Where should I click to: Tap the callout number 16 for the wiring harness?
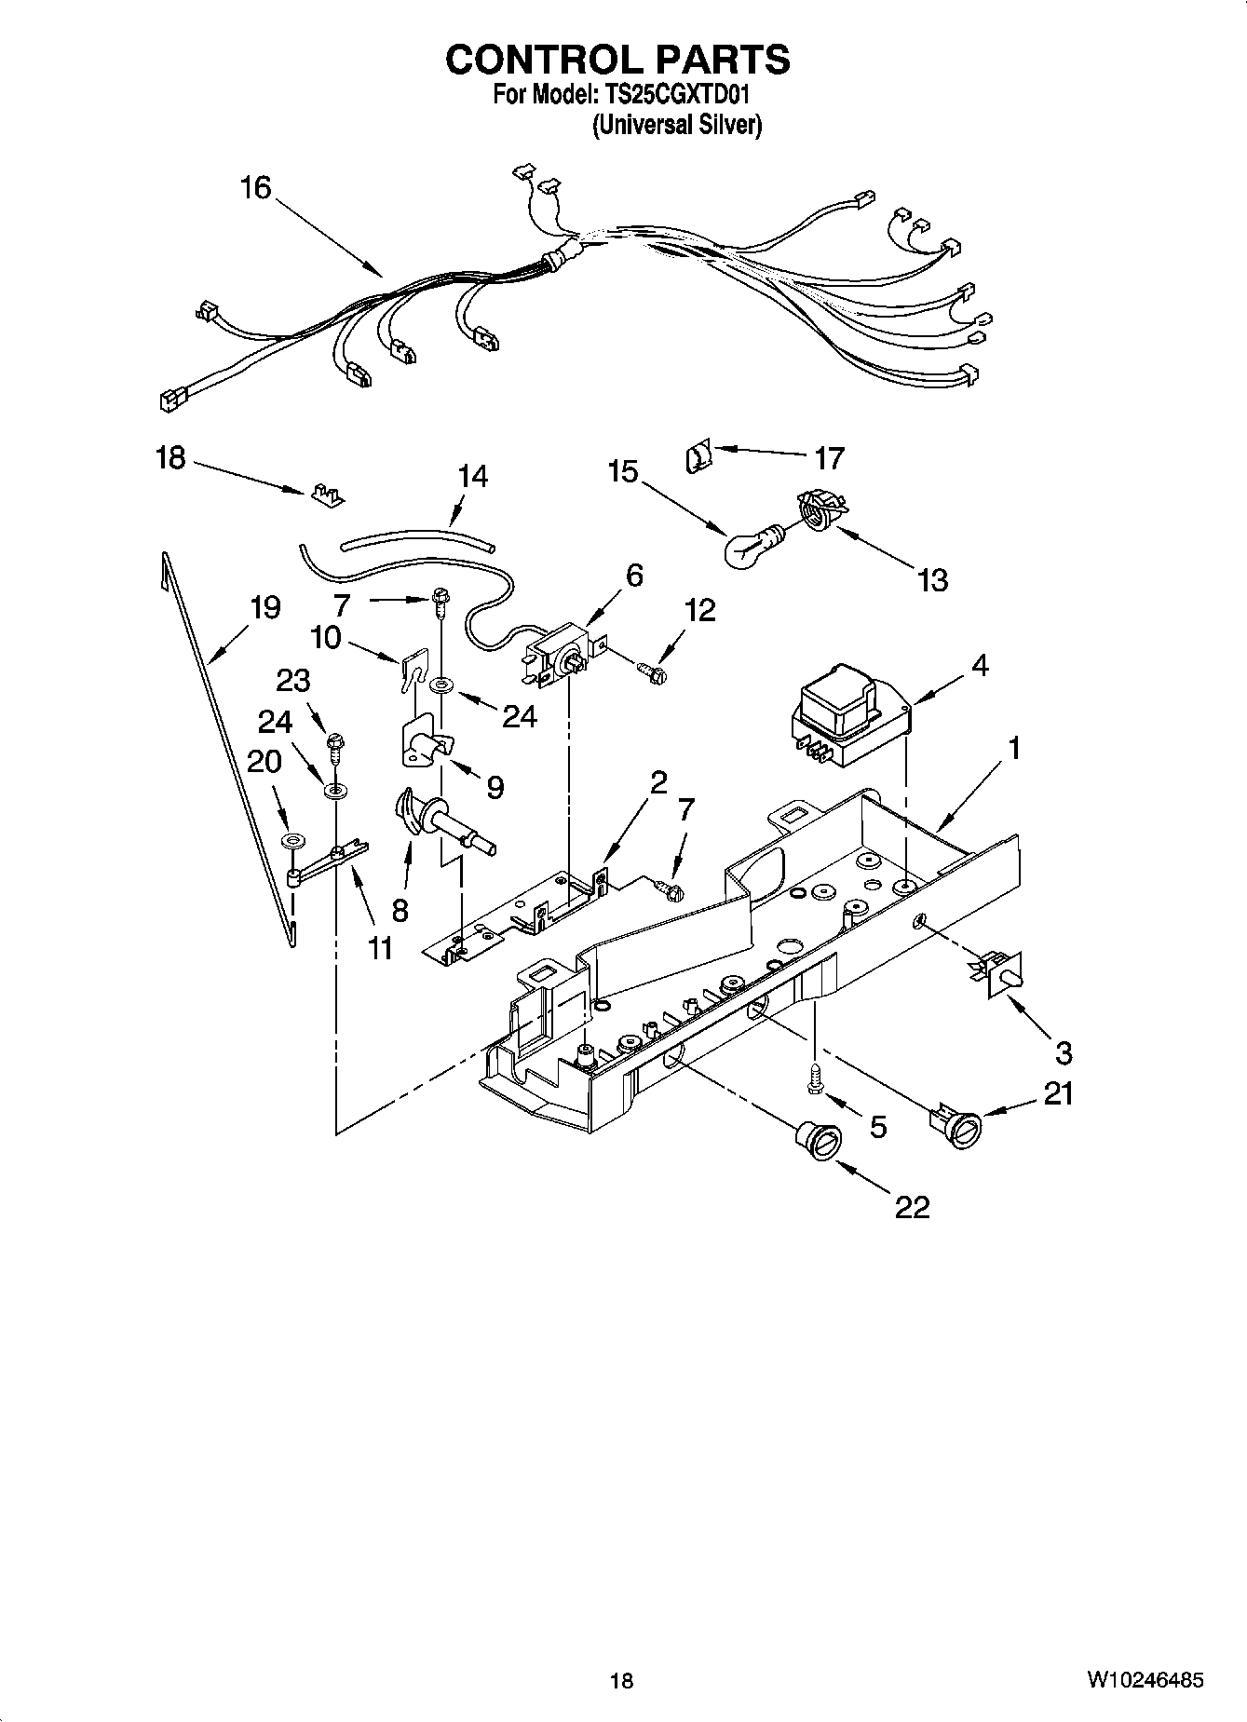255,188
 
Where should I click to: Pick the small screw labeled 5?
814,1082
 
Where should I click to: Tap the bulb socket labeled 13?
818,514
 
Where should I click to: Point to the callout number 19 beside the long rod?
265,608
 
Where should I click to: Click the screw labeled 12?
653,666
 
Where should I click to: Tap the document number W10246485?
1144,1681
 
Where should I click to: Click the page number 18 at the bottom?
621,1681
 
